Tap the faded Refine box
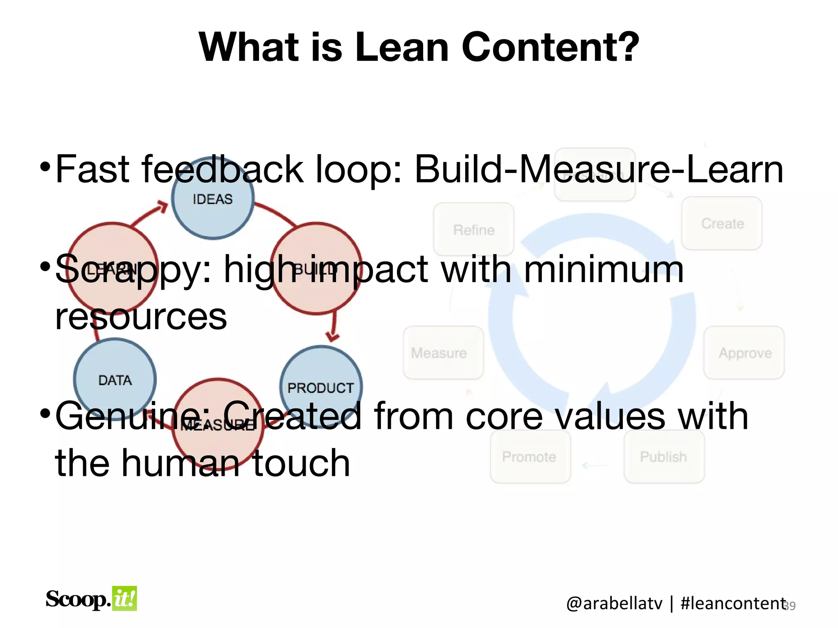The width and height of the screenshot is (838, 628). (x=473, y=230)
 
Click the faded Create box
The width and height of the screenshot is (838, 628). (x=722, y=223)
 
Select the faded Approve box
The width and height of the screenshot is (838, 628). (x=744, y=352)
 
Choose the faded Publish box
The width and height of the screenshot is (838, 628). (x=664, y=456)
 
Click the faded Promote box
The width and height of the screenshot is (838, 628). (x=529, y=456)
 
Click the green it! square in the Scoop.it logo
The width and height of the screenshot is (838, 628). (x=124, y=599)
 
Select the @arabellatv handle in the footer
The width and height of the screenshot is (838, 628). (x=614, y=603)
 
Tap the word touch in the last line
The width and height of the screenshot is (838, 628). (x=301, y=463)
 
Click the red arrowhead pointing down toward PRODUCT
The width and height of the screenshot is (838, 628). (x=333, y=337)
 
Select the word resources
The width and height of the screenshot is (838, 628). (x=141, y=317)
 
